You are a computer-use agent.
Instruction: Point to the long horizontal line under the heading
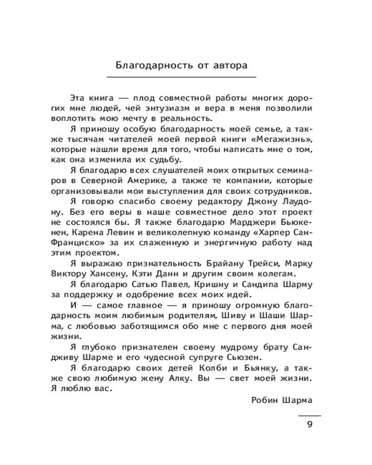tap(181, 76)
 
